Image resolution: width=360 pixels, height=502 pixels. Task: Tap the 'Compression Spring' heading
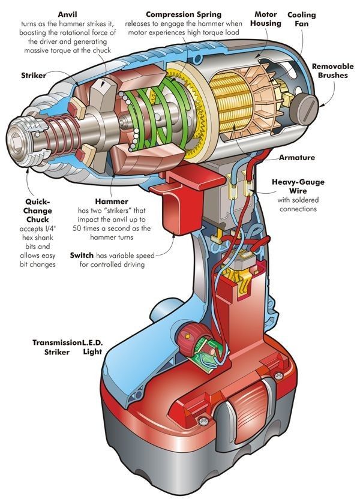pos(183,13)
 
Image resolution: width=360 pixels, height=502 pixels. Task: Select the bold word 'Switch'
pos(82,255)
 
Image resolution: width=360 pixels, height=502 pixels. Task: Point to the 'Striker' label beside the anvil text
pos(35,76)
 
